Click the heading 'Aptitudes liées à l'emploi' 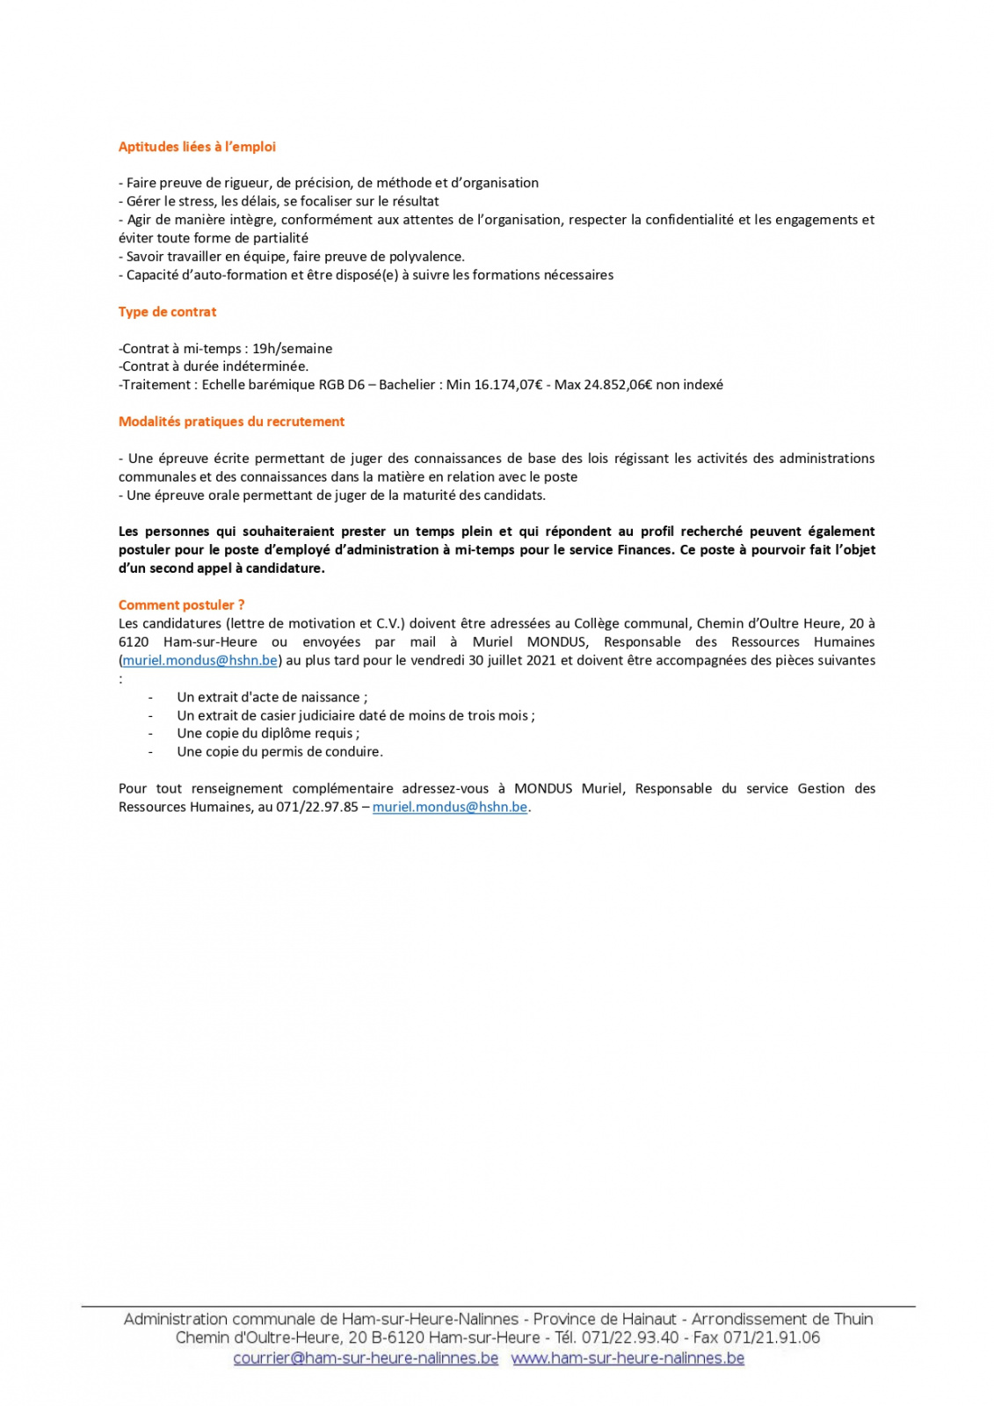pyautogui.click(x=197, y=147)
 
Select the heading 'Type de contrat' pyautogui.click(x=167, y=312)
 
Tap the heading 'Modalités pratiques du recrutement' pyautogui.click(x=231, y=422)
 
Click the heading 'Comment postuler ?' pyautogui.click(x=181, y=605)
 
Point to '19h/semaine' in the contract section pyautogui.click(x=292, y=349)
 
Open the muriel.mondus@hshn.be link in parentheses pyautogui.click(x=200, y=660)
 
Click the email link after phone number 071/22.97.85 pyautogui.click(x=449, y=807)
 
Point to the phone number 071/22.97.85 pyautogui.click(x=317, y=807)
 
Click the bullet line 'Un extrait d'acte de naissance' pyautogui.click(x=272, y=697)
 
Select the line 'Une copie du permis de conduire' pyautogui.click(x=279, y=752)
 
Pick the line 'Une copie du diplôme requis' pyautogui.click(x=267, y=734)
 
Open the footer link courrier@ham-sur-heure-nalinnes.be pyautogui.click(x=366, y=1359)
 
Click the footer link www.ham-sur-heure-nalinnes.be pyautogui.click(x=628, y=1359)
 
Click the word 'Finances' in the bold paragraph pyautogui.click(x=642, y=550)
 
